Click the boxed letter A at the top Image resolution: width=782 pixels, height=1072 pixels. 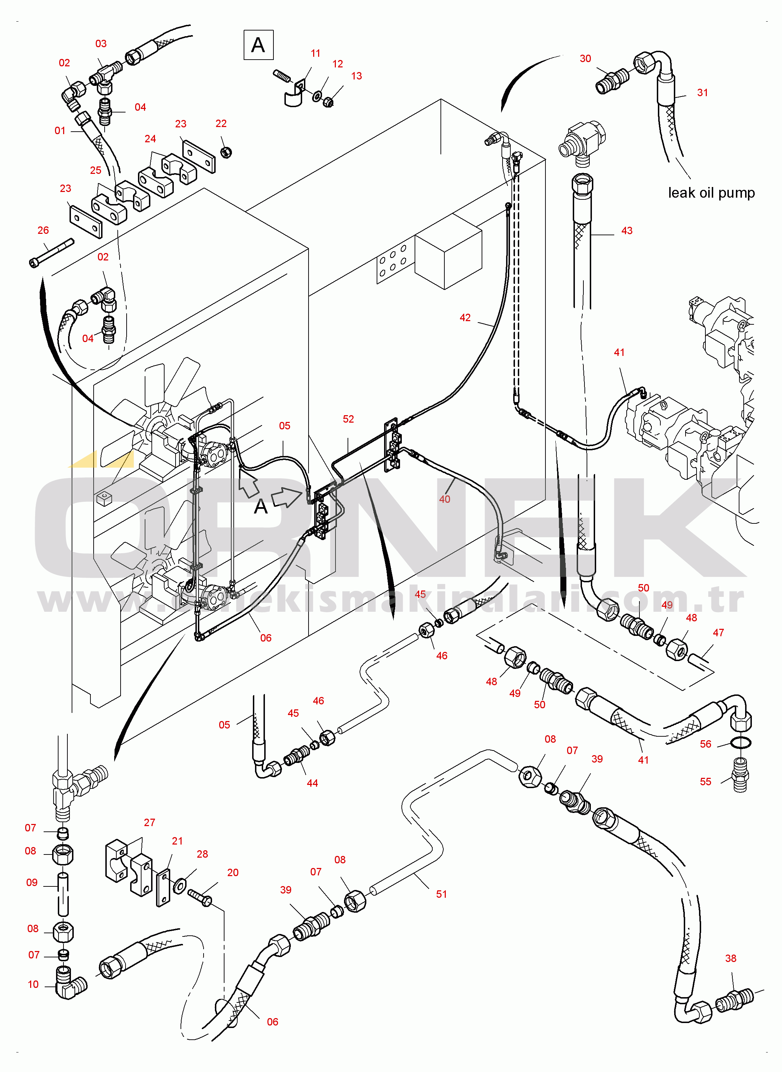pos(258,45)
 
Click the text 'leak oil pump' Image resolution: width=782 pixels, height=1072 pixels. pos(711,193)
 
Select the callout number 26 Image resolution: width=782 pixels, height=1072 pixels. pos(43,230)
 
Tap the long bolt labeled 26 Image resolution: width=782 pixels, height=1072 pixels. pos(52,252)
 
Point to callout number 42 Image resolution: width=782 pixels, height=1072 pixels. pos(465,317)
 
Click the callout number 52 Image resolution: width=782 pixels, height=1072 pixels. pos(348,419)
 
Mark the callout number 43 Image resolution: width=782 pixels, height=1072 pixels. pos(626,230)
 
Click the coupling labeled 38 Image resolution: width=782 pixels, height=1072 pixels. pos(734,1000)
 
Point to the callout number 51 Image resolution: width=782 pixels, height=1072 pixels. pos(441,894)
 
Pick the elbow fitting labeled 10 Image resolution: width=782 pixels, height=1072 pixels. pos(71,986)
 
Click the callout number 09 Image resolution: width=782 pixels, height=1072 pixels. pos(32,882)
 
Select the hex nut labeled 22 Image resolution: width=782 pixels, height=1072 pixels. pos(226,152)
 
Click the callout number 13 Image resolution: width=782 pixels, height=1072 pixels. pos(356,76)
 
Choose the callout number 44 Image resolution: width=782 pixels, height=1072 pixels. pos(312,783)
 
